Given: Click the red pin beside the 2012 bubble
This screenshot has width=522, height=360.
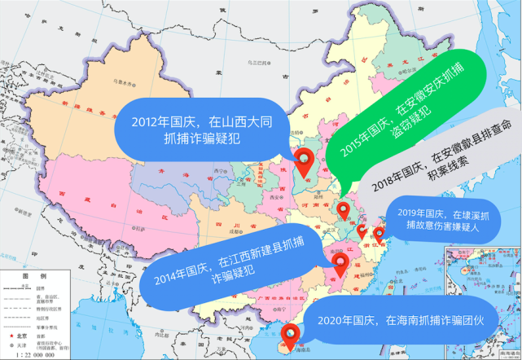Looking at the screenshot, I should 305,163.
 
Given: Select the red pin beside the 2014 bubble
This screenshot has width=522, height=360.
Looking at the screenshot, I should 341,264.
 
